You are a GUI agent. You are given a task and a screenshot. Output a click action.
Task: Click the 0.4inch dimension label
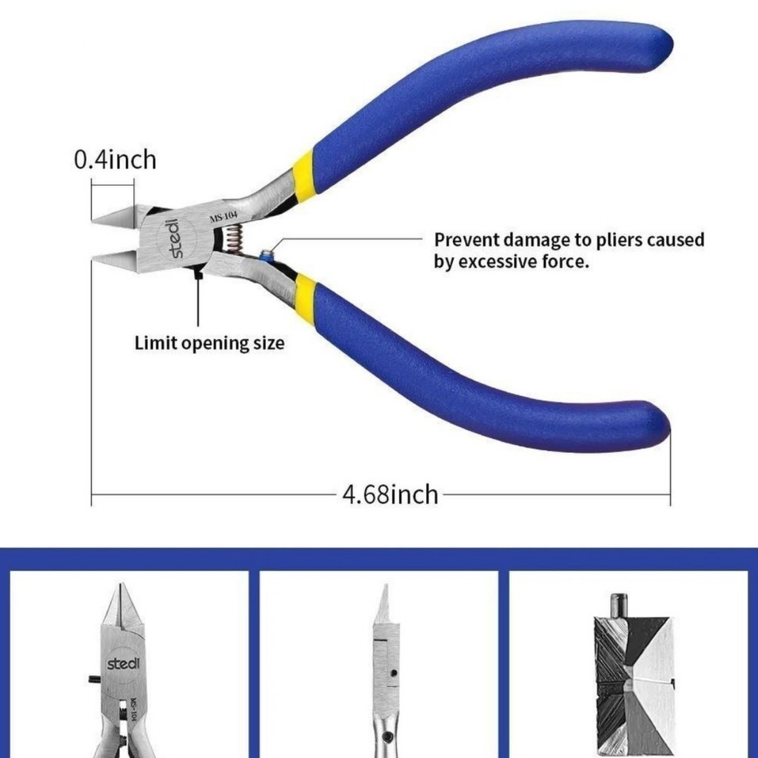(115, 159)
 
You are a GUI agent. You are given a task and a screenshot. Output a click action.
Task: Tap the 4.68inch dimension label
(389, 494)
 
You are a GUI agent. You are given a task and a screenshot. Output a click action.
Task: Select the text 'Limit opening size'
(209, 343)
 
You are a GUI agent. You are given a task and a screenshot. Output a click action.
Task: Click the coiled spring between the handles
(232, 239)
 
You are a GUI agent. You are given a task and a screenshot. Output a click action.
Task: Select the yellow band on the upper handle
(304, 172)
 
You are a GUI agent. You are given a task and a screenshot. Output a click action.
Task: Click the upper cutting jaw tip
(100, 218)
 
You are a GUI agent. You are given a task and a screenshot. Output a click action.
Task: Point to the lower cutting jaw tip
(100, 259)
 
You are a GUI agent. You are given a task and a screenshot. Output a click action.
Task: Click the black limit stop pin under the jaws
(198, 275)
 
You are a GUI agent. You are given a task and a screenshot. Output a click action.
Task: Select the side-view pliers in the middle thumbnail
(384, 666)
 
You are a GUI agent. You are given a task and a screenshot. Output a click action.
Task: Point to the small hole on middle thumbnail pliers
(394, 674)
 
